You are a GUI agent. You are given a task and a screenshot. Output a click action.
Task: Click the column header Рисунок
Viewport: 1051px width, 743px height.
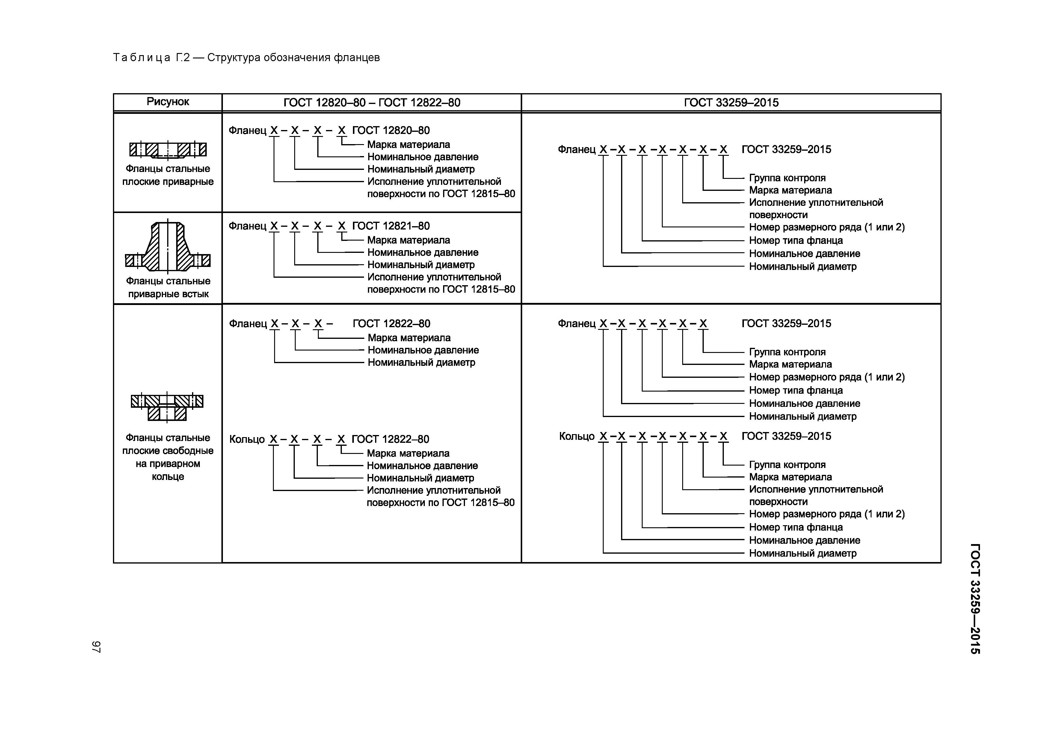coord(167,102)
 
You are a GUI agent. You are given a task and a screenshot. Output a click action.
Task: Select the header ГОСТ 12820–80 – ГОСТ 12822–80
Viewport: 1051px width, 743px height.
coord(372,102)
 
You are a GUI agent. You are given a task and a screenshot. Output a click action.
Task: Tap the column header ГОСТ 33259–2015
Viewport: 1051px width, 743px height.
coord(731,102)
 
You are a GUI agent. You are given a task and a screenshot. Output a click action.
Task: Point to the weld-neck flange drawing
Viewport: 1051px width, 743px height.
coord(167,247)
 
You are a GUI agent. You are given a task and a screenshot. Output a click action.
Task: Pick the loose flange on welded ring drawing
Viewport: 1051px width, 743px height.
coord(167,406)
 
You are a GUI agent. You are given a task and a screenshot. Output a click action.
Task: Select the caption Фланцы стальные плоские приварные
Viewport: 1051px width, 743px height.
coord(167,175)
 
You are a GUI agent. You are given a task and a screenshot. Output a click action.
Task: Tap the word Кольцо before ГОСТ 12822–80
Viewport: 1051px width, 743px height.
coord(247,440)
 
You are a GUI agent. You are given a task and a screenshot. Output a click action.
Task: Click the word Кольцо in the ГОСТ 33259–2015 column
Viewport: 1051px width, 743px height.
coord(576,436)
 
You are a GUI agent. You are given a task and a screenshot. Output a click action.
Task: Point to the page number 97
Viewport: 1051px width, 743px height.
coord(96,647)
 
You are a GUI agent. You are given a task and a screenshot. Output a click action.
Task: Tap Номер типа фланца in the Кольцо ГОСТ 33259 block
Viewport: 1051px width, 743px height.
coord(795,527)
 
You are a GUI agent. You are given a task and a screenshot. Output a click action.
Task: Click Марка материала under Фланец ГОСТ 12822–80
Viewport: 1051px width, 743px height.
coord(409,338)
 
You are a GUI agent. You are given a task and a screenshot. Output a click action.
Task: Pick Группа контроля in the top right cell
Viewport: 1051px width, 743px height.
coord(787,178)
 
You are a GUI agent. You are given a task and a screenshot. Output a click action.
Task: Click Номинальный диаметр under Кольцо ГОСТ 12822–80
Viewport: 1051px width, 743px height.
coord(420,478)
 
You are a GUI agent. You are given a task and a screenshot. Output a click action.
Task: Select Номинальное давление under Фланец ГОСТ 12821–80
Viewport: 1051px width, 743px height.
coord(422,252)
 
